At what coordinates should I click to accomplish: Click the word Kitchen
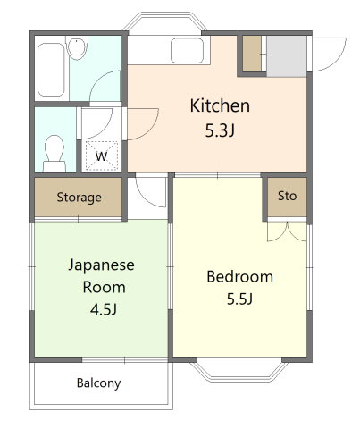point(220,105)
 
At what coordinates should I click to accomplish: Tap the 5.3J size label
point(220,130)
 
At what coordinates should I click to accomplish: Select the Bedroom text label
point(239,277)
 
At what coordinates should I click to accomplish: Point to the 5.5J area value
point(239,299)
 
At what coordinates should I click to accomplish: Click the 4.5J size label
point(104,309)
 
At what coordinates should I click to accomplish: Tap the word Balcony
point(98,383)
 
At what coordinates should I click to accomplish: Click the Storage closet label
point(79,198)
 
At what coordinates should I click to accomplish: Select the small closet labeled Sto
point(287,197)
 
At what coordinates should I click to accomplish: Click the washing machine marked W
point(102,156)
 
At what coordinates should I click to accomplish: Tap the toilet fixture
point(54,154)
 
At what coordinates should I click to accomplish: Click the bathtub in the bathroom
point(52,70)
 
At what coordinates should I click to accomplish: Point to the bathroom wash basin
point(77,46)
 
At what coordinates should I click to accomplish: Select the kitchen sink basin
point(187,50)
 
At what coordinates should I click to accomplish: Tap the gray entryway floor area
point(287,56)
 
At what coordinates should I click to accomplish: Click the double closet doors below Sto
point(287,231)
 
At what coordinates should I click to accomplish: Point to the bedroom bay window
point(239,371)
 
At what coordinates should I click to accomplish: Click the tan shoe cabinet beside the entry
point(252,54)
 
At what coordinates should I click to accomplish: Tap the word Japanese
point(102,265)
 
